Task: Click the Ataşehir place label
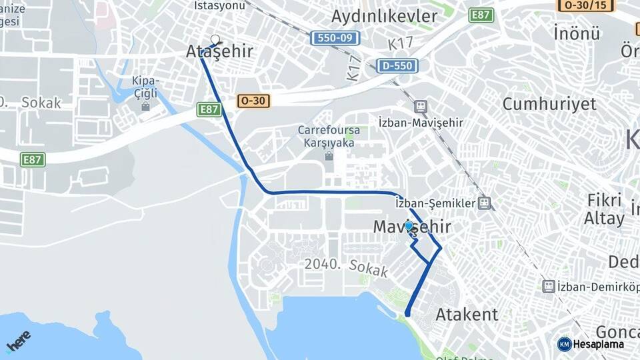[220, 51]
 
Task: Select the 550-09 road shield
[335, 38]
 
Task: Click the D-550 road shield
[398, 65]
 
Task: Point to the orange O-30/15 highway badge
[585, 5]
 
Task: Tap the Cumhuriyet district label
[549, 104]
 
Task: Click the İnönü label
[577, 33]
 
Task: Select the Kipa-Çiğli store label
[145, 87]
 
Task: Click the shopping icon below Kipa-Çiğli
[145, 106]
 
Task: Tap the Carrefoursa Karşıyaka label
[329, 136]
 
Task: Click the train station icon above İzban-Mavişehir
[421, 106]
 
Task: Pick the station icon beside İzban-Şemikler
[485, 203]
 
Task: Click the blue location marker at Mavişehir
[409, 226]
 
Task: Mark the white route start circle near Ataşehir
[215, 39]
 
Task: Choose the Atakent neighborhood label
[467, 315]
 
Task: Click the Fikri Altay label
[604, 209]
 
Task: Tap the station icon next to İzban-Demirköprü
[549, 286]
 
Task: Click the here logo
[19, 341]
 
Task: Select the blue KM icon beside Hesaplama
[565, 344]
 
